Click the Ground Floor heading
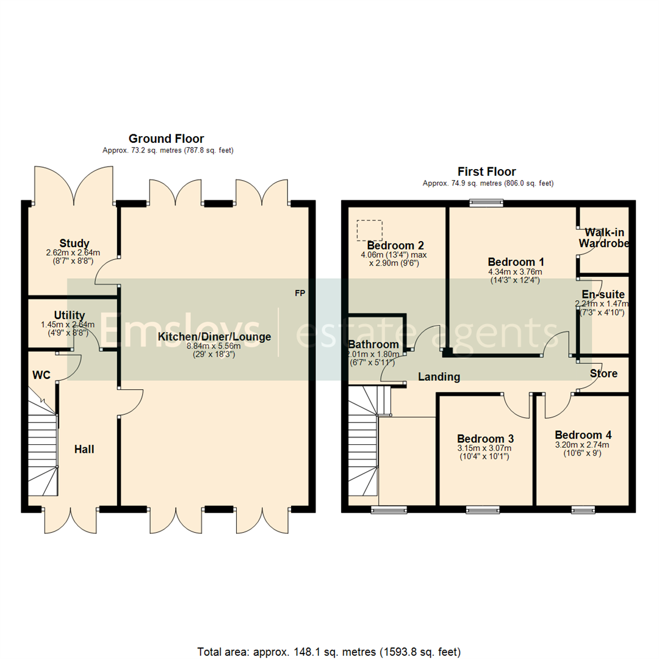166,139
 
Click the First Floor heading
486,172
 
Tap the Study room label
74,243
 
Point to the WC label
41,373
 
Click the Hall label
84,449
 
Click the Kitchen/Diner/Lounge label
214,337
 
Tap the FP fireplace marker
300,294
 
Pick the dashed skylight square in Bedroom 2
370,230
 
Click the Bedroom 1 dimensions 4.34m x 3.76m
515,272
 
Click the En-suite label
603,294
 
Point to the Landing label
439,377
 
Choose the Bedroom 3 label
486,439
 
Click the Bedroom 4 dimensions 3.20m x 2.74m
583,445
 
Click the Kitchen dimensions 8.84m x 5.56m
214,346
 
